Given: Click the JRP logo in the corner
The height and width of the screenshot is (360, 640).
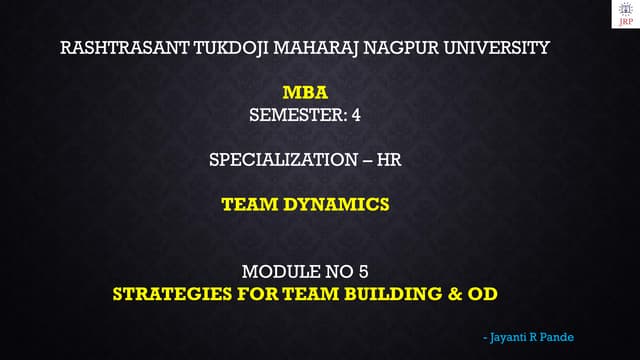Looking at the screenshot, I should tap(624, 14).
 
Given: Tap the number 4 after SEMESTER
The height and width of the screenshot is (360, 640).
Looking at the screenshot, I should tap(355, 115).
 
